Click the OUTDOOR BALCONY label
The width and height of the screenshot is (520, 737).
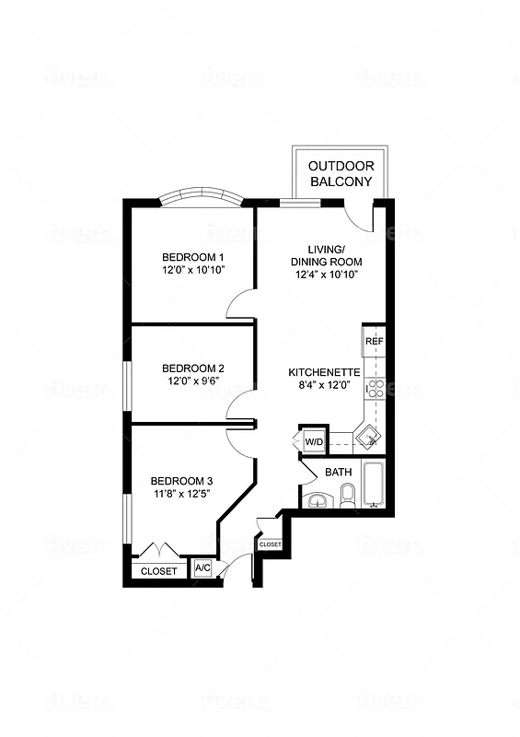coord(341,173)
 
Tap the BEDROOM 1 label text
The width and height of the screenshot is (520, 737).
coord(193,256)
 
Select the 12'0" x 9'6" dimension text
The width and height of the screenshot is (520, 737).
coord(196,380)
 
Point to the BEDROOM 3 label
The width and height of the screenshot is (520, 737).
coord(182,481)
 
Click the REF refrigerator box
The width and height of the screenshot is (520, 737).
coord(374,342)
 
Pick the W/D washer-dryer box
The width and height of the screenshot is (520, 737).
coord(314,442)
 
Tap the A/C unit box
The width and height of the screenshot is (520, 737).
coord(202,569)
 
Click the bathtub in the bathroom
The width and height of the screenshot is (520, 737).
coord(374,485)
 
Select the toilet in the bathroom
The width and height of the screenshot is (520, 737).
coord(347,498)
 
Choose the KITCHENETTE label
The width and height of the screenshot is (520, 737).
coord(321,372)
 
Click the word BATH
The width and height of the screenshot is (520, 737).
coord(339,473)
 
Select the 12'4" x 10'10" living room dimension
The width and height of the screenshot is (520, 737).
coord(327,275)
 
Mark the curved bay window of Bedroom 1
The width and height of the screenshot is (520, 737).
coord(200,197)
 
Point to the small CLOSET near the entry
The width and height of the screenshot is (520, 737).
coord(270,544)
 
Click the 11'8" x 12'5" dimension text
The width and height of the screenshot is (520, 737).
coord(182,495)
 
